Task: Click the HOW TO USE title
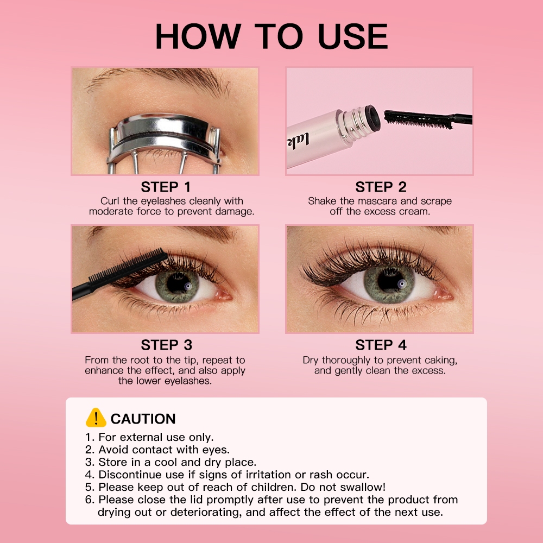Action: point(271,36)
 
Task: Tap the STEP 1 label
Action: point(166,187)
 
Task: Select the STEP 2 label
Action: point(381,187)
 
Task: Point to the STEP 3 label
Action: point(166,345)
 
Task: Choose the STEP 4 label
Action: point(381,345)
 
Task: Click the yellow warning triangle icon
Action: point(96,418)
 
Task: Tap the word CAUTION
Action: point(143,419)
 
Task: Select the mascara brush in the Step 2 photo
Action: point(428,118)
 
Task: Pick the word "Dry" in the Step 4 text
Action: point(311,361)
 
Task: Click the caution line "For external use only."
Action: point(156,437)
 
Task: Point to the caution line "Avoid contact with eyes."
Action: point(164,450)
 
